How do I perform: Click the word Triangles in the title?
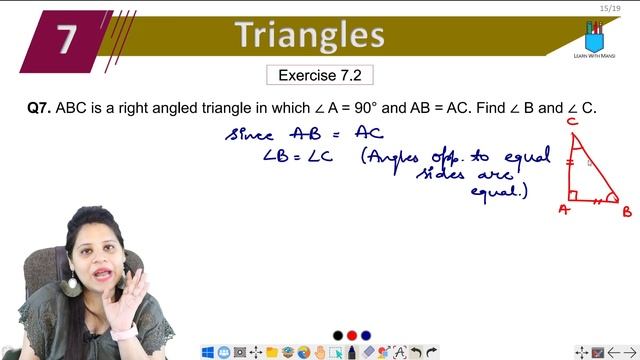coord(310,36)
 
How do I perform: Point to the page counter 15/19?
coord(606,8)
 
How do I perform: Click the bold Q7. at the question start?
coord(39,107)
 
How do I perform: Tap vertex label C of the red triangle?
coord(572,123)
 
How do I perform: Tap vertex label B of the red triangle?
coord(626,211)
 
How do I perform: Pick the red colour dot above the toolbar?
coord(352,335)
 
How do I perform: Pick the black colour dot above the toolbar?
coord(338,335)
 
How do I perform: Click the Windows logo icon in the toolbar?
coord(208,352)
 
